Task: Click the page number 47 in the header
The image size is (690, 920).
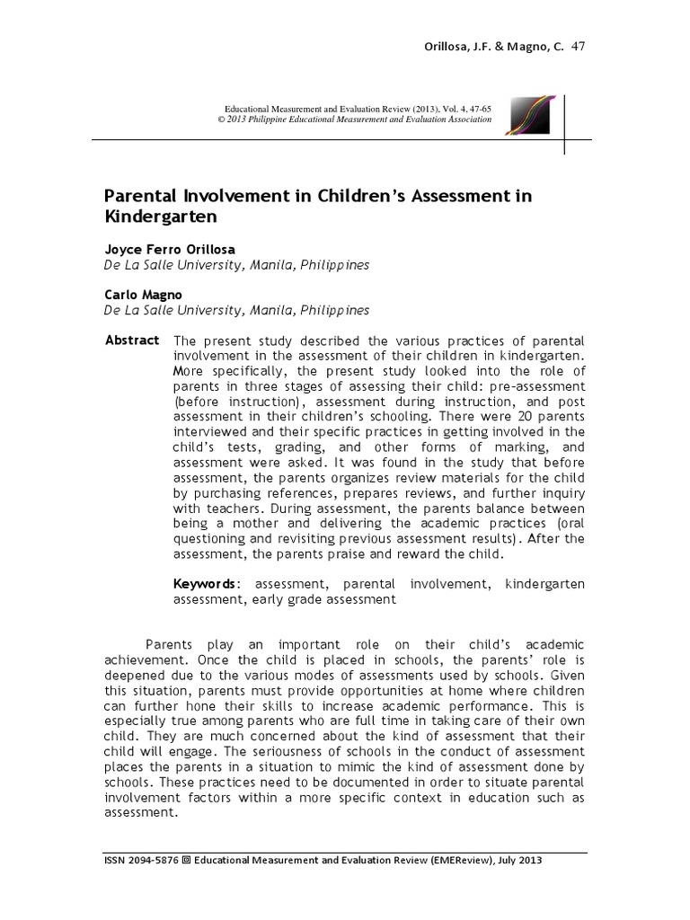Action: pos(579,47)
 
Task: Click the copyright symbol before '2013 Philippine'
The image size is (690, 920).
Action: pos(221,120)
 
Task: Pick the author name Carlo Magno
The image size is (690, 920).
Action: pos(143,295)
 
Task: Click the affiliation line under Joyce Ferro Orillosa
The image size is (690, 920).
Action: pos(236,266)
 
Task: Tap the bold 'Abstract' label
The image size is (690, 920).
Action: pos(132,341)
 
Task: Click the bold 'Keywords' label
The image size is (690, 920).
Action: pos(206,584)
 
